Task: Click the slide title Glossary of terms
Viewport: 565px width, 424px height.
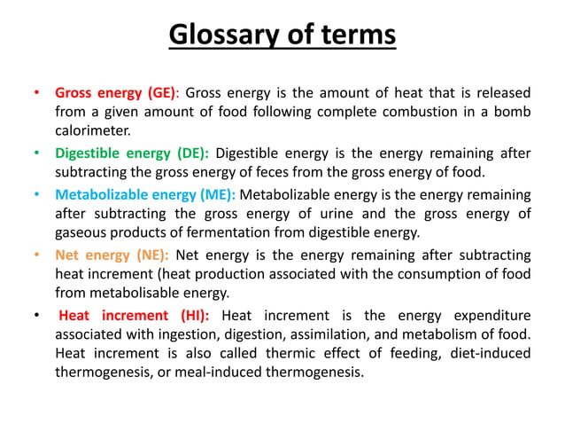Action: (282, 35)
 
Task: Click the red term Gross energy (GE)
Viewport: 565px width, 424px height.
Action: (116, 91)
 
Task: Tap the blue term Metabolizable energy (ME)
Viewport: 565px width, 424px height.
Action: (145, 193)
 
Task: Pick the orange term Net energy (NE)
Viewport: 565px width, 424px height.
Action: (112, 255)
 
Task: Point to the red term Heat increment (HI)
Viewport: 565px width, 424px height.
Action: (134, 316)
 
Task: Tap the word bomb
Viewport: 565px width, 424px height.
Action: (511, 111)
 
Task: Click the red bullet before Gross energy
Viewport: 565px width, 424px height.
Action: (36, 92)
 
